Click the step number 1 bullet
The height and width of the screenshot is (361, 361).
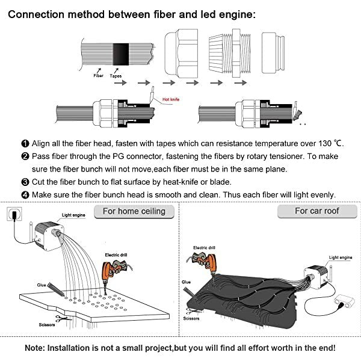[x=25, y=144]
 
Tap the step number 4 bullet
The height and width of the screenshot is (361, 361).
[x=25, y=195]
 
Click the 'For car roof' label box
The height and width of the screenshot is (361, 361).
[x=316, y=212]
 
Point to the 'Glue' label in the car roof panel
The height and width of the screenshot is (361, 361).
[x=186, y=281]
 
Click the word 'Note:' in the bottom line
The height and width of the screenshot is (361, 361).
[x=37, y=348]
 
